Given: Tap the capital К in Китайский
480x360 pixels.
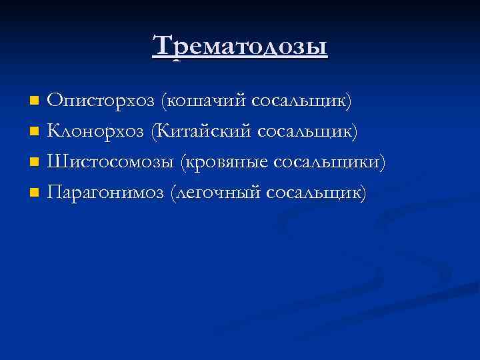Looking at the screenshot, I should pyautogui.click(x=162, y=131).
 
